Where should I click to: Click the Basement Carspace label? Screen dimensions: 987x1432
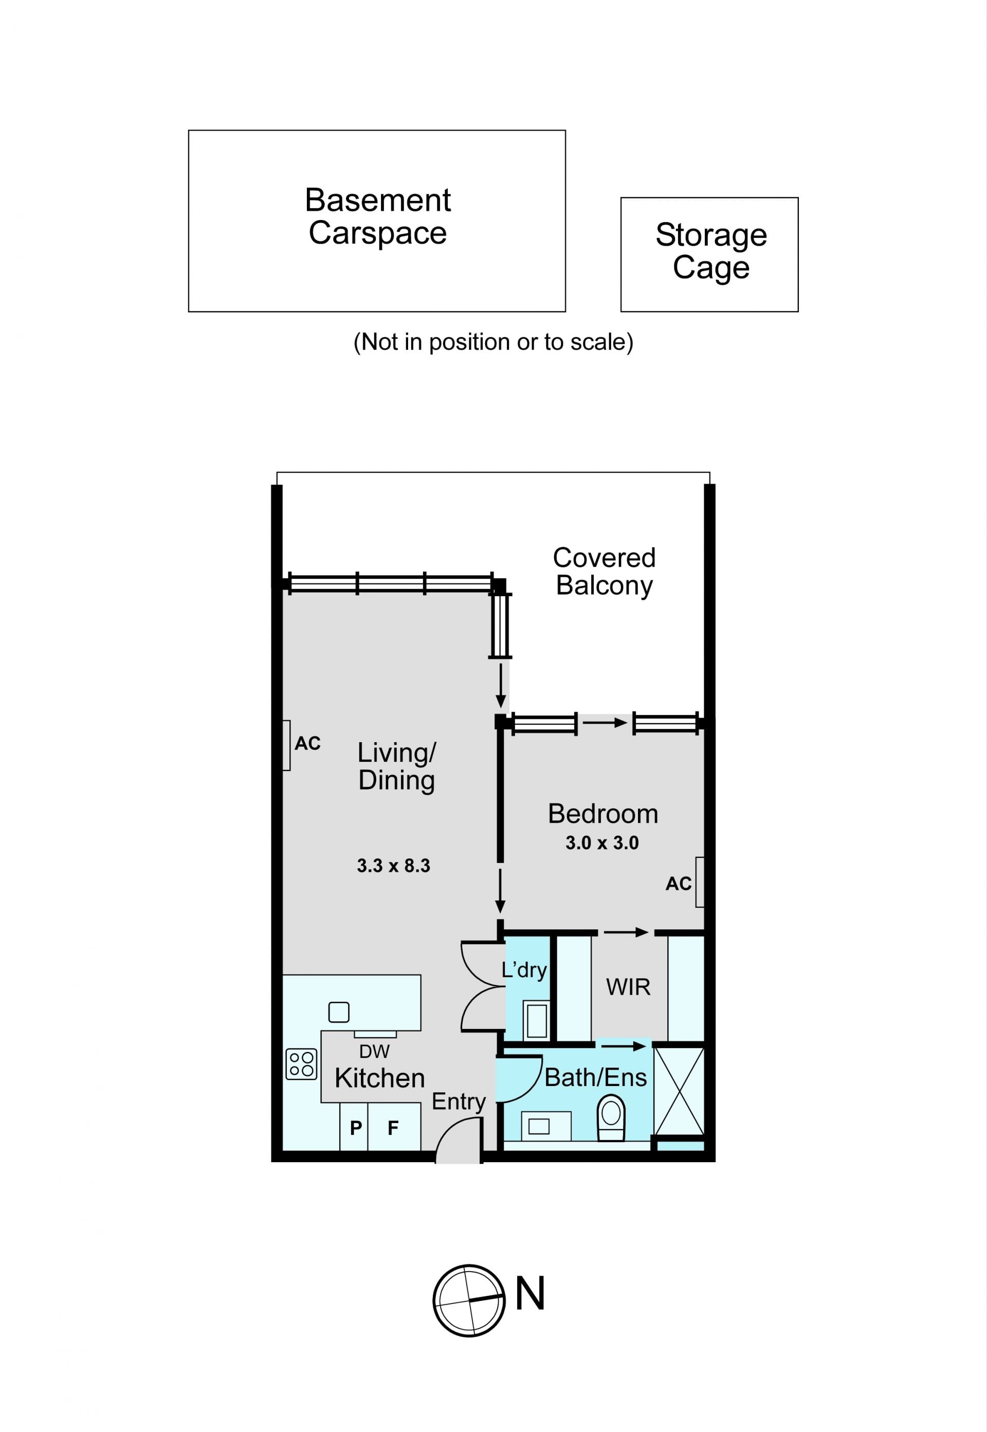click(378, 216)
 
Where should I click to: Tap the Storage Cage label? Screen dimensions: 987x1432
click(711, 251)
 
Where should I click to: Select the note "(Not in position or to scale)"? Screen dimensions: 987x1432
click(493, 342)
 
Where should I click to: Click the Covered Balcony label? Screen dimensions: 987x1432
click(604, 572)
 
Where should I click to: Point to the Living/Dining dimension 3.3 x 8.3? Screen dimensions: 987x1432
click(393, 866)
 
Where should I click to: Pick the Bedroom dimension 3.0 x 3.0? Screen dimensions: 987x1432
click(602, 843)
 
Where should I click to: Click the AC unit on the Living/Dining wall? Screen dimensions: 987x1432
click(286, 745)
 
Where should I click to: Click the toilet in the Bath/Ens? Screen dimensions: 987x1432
click(611, 1118)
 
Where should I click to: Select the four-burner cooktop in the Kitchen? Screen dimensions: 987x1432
click(301, 1064)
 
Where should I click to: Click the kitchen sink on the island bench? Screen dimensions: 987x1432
click(339, 1012)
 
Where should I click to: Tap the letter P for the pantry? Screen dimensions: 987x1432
click(356, 1128)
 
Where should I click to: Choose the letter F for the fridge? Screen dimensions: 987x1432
click(393, 1128)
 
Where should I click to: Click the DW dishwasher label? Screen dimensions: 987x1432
click(374, 1051)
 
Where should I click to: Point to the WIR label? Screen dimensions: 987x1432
click(628, 987)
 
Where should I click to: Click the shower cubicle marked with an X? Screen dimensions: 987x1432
click(679, 1091)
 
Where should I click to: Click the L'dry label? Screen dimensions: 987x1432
click(524, 969)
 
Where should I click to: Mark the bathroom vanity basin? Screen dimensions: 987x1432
click(539, 1126)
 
